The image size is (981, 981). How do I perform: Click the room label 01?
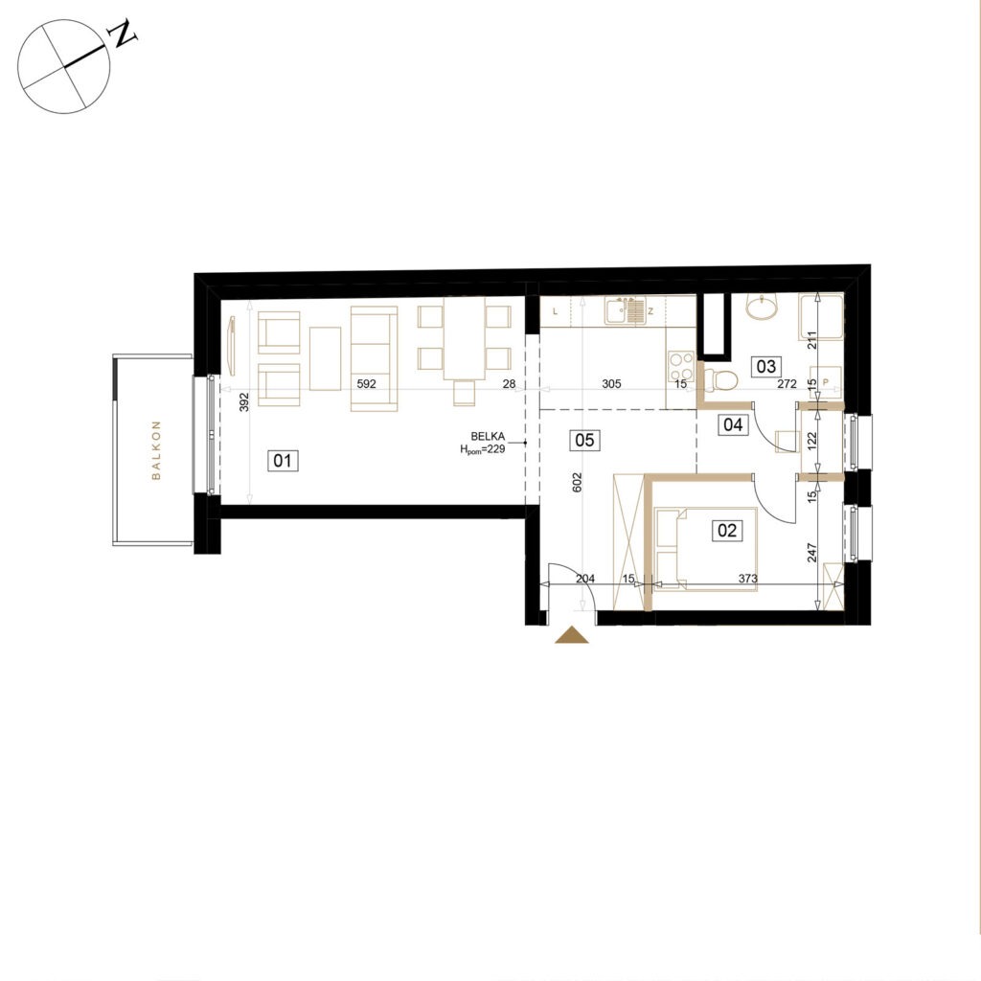click(x=283, y=461)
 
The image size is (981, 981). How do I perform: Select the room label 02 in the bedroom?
click(x=727, y=531)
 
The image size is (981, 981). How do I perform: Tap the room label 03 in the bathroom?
click(x=765, y=366)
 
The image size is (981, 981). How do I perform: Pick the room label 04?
click(x=733, y=424)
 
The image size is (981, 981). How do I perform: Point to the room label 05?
click(x=583, y=440)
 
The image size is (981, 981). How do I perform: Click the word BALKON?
click(x=156, y=450)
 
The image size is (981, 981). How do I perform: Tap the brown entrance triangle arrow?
click(x=572, y=635)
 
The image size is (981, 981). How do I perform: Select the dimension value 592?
click(x=366, y=383)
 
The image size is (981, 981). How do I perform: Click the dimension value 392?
click(x=244, y=401)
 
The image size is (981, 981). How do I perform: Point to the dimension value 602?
click(x=577, y=482)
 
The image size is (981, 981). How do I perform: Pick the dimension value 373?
click(x=747, y=579)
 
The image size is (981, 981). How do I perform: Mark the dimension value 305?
click(x=611, y=383)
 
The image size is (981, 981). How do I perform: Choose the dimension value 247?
click(x=812, y=553)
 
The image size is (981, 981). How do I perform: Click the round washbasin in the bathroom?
click(x=762, y=307)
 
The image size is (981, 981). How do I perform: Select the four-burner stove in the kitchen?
click(x=681, y=365)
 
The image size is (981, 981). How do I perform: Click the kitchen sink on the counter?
click(x=625, y=311)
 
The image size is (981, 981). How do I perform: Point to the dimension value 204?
click(x=585, y=579)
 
